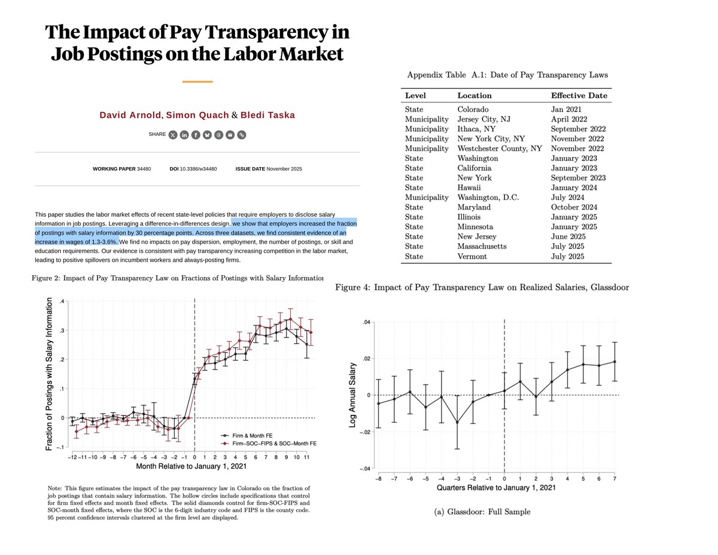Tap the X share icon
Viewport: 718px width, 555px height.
pyautogui.click(x=173, y=135)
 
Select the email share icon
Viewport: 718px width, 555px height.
pyautogui.click(x=230, y=135)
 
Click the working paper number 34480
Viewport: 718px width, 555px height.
pyautogui.click(x=144, y=169)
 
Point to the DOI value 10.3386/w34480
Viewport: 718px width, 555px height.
pyautogui.click(x=199, y=169)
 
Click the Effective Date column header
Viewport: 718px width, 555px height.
pyautogui.click(x=579, y=95)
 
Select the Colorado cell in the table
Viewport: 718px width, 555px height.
pyautogui.click(x=473, y=110)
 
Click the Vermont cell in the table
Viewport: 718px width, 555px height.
pyautogui.click(x=472, y=256)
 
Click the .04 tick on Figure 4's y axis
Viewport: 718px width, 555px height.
pyautogui.click(x=367, y=323)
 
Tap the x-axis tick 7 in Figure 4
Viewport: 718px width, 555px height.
pyautogui.click(x=614, y=478)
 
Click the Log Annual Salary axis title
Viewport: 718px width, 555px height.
pyautogui.click(x=352, y=395)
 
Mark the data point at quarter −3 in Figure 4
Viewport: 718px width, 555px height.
pyautogui.click(x=457, y=422)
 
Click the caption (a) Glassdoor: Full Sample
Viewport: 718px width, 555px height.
pyautogui.click(x=484, y=511)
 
